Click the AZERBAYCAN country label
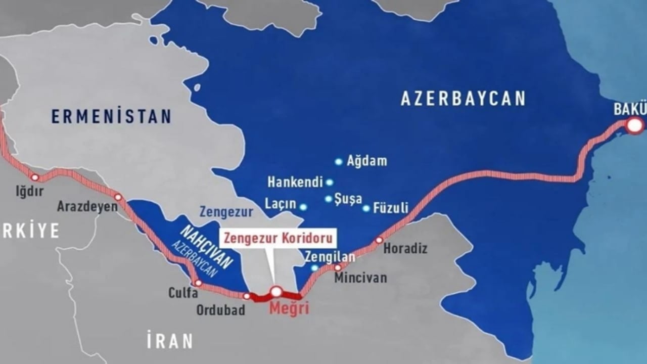[463, 98]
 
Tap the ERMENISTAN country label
[111, 116]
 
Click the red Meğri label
[289, 308]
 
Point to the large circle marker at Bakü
[634, 125]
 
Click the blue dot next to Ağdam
[339, 162]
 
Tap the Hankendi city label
[295, 182]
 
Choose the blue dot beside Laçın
[303, 207]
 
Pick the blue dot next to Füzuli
[366, 208]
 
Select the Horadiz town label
[405, 248]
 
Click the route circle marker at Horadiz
[379, 240]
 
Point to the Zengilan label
[330, 257]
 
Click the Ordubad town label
[221, 309]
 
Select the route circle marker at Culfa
[199, 283]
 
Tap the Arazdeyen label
[87, 206]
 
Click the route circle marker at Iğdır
[35, 177]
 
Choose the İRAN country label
[170, 341]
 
